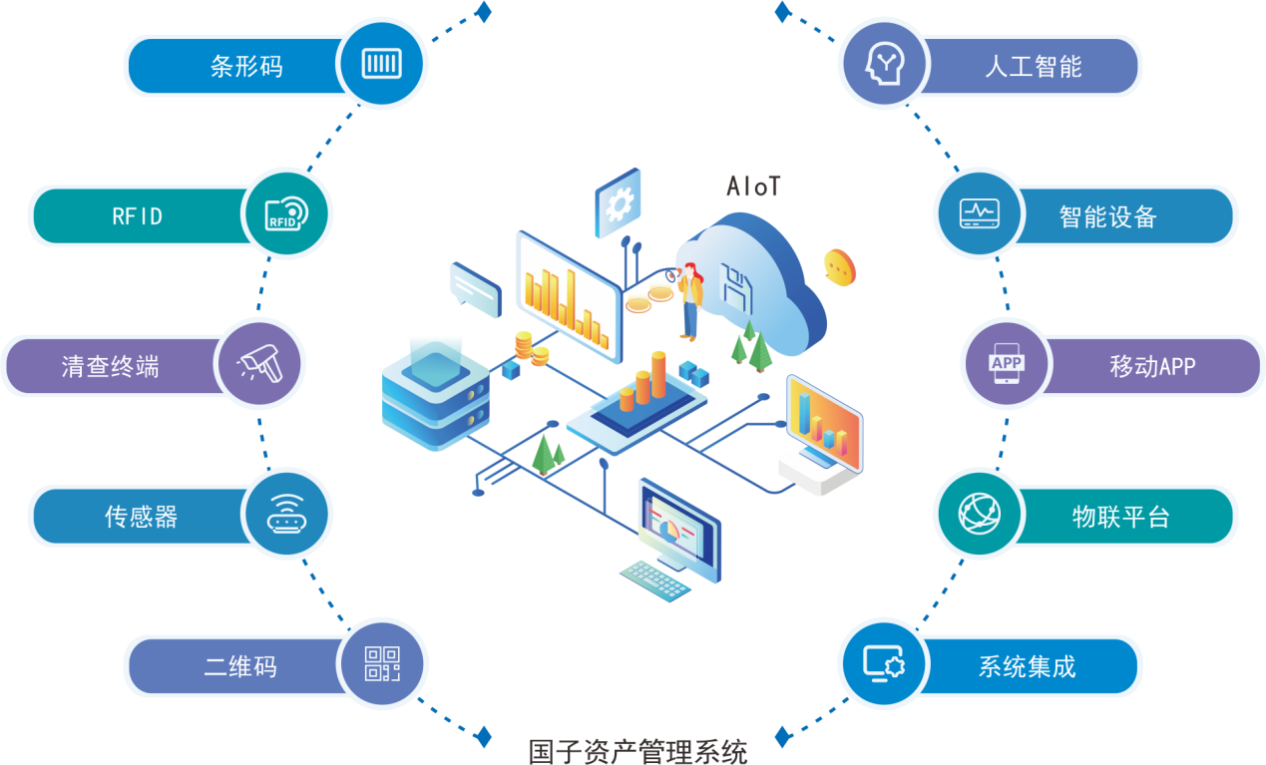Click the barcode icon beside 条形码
382,65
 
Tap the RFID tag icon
286,214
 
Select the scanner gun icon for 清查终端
259,365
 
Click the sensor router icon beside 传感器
287,515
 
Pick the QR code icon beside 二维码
382,663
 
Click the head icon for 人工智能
884,65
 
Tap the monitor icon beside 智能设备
979,214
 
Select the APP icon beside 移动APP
1006,365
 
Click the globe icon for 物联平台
979,515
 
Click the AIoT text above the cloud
753,187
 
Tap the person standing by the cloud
689,299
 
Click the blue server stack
436,399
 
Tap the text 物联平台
1120,517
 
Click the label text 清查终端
110,367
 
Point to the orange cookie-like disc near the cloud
840,266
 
